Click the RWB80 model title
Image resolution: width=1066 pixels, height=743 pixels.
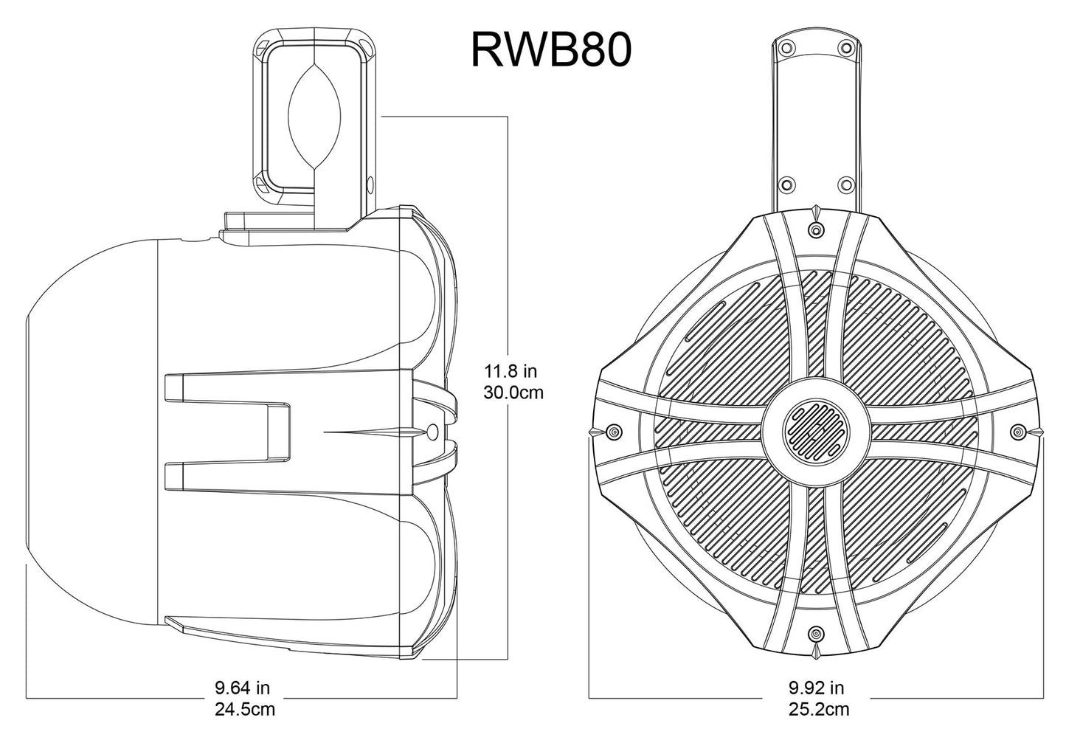[x=550, y=50]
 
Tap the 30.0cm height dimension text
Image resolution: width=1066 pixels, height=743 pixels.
[x=513, y=393]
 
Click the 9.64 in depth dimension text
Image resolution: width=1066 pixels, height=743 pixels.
[x=242, y=688]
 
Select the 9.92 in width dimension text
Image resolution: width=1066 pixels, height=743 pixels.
[x=816, y=688]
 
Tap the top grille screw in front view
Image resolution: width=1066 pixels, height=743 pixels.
[x=815, y=231]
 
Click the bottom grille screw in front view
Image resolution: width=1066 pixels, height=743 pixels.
[x=815, y=633]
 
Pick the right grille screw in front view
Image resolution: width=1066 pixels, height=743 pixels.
[x=1018, y=432]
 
